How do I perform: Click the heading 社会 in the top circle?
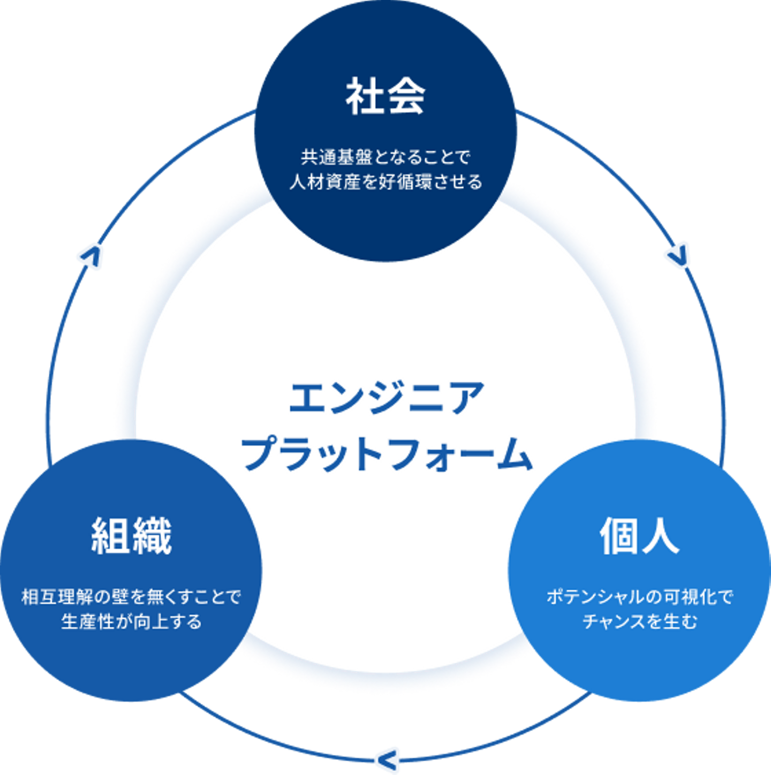(385, 96)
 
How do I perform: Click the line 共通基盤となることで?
(385, 157)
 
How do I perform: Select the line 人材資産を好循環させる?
(385, 182)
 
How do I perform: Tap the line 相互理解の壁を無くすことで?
(131, 597)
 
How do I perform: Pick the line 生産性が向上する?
(131, 621)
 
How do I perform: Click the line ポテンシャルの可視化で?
(639, 597)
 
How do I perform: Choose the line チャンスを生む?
(639, 621)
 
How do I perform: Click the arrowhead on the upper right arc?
(678, 255)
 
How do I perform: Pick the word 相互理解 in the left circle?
(52, 597)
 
